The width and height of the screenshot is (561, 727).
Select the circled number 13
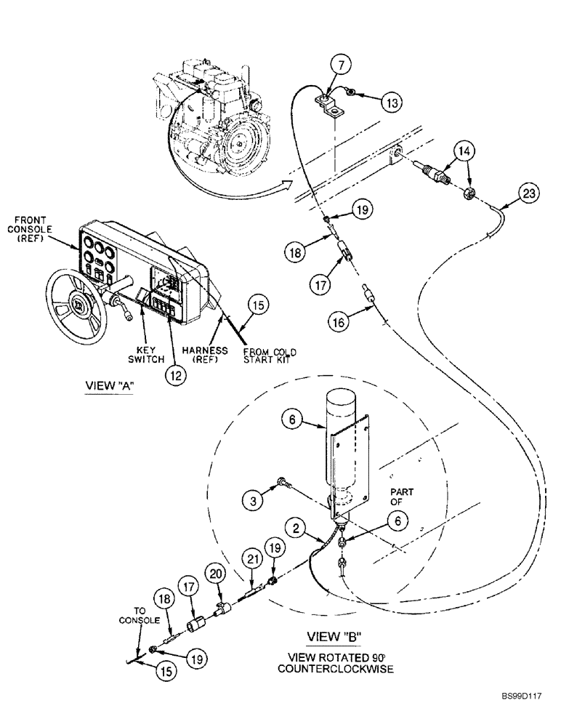[x=392, y=103]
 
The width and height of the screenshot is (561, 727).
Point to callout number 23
[x=529, y=194]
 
